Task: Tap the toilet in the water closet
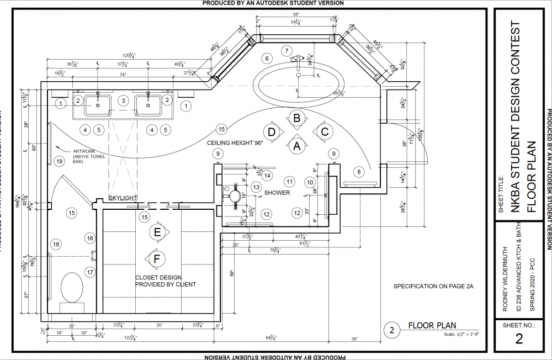[71, 287]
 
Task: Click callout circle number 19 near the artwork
[60, 161]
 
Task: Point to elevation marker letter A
[296, 146]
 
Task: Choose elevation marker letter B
[296, 118]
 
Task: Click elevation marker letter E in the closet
[157, 233]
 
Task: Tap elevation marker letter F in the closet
[157, 257]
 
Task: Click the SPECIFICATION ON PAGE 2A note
[433, 287]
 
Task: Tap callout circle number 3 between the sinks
[124, 100]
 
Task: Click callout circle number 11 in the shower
[288, 181]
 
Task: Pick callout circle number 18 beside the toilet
[56, 244]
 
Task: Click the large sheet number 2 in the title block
[518, 339]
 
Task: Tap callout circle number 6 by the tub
[266, 58]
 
